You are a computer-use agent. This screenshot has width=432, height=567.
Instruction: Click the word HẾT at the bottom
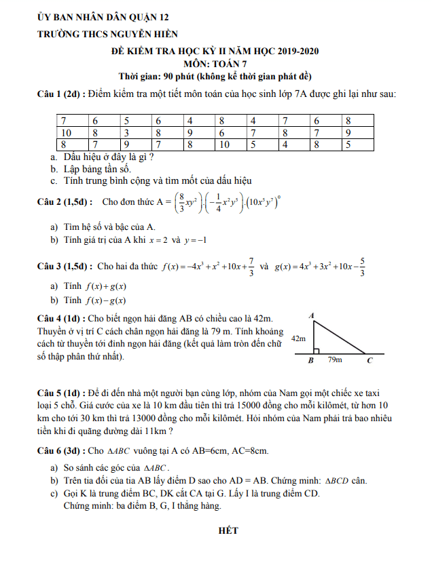click(x=228, y=530)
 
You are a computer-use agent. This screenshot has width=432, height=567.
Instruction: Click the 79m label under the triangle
click(x=334, y=361)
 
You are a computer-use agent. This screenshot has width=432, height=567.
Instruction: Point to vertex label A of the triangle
click(x=311, y=315)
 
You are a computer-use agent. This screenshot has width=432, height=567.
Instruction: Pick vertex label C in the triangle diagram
click(x=370, y=361)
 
